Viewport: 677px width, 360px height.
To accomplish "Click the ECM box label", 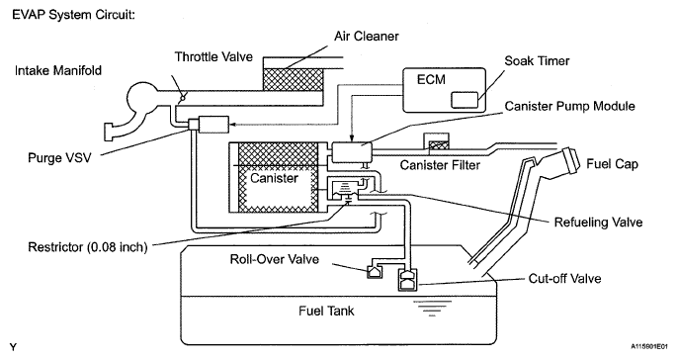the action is (431, 79).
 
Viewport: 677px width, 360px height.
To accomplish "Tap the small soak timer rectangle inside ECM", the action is (465, 100).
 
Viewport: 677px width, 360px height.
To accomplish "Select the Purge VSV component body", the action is (209, 125).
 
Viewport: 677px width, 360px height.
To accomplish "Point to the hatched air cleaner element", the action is (294, 79).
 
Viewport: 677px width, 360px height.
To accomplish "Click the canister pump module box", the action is (352, 152).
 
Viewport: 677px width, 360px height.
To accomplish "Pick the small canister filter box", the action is (436, 141).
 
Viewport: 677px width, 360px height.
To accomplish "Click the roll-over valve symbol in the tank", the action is (373, 272).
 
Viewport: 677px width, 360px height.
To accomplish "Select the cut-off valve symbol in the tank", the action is (408, 280).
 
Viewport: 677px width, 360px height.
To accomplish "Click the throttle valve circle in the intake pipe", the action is (182, 99).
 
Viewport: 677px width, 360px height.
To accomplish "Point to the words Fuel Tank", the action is (326, 311).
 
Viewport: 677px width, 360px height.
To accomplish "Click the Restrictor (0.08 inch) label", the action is (88, 247).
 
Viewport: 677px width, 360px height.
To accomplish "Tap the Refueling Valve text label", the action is (598, 223).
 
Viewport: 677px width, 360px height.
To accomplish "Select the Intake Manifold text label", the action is (58, 70).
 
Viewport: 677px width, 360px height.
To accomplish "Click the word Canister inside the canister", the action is (274, 178).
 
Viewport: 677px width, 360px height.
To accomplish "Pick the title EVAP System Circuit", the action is (74, 15).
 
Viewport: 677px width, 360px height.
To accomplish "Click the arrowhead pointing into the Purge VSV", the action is (232, 125).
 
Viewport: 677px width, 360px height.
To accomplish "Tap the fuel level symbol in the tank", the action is (432, 309).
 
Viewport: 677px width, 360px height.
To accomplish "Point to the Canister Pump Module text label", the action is (570, 106).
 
